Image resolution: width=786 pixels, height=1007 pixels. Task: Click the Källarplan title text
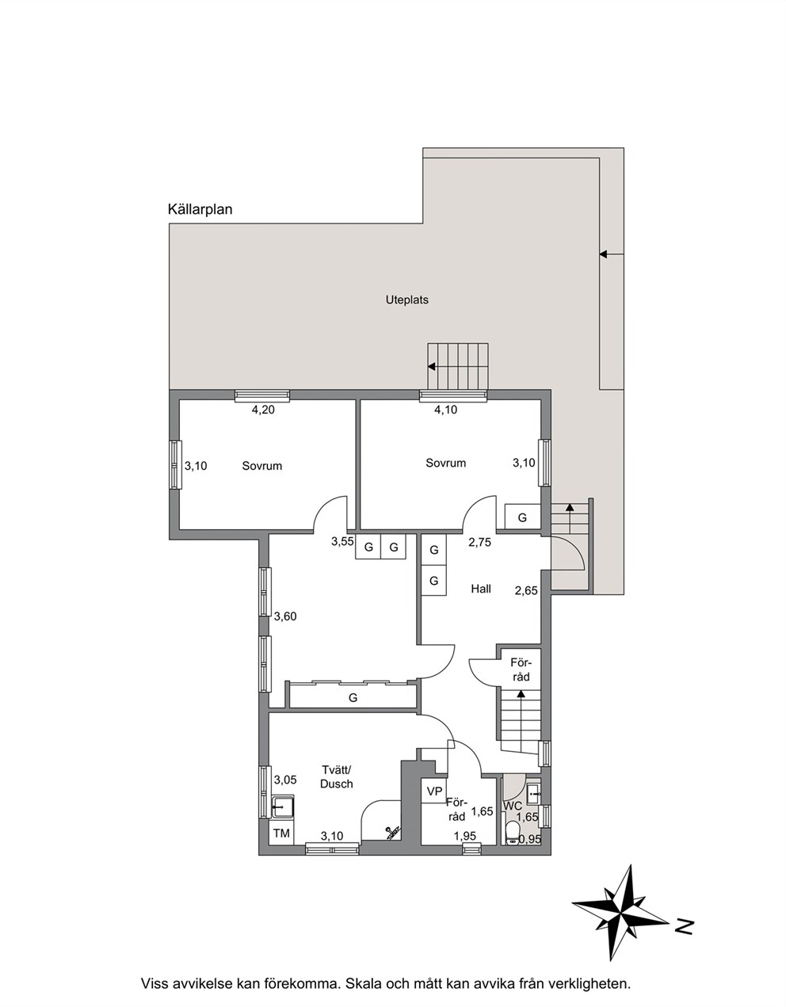point(200,210)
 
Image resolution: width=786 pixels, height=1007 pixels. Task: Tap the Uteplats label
point(407,299)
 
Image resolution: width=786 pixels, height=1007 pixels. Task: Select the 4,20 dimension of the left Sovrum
point(263,410)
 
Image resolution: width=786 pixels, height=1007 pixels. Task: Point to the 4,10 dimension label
point(445,410)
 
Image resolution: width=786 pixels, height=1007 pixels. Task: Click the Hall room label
point(481,589)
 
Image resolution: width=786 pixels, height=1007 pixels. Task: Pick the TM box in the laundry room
point(281,833)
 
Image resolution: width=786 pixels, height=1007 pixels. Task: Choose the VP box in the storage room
point(434,791)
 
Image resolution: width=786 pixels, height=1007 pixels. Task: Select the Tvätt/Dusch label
point(337,777)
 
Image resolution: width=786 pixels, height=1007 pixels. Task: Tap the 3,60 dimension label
point(285,616)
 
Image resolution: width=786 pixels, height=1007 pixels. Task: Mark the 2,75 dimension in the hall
point(479,542)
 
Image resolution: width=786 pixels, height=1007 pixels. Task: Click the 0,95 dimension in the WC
point(529,839)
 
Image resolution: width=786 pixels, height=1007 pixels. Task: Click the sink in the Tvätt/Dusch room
point(282,807)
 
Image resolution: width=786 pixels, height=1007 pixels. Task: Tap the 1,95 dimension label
point(465,836)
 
